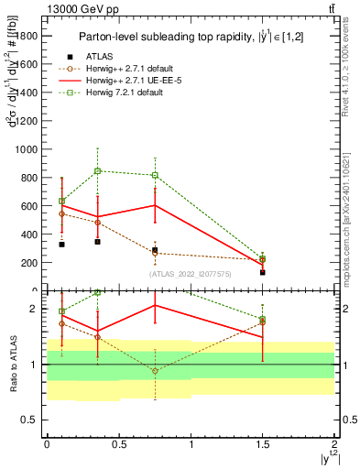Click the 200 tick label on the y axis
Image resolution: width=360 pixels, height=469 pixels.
click(31, 263)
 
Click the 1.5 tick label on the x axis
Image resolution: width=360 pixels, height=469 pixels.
click(262, 443)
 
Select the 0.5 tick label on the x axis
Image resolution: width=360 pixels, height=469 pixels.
click(119, 443)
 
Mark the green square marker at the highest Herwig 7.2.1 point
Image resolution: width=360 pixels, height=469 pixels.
click(97, 170)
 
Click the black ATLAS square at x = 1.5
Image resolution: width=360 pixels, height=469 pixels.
click(262, 272)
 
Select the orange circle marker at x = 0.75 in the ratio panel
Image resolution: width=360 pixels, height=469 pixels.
click(155, 371)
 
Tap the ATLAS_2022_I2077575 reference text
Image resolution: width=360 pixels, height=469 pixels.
click(190, 273)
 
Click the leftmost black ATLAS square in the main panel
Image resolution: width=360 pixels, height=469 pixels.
click(61, 245)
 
